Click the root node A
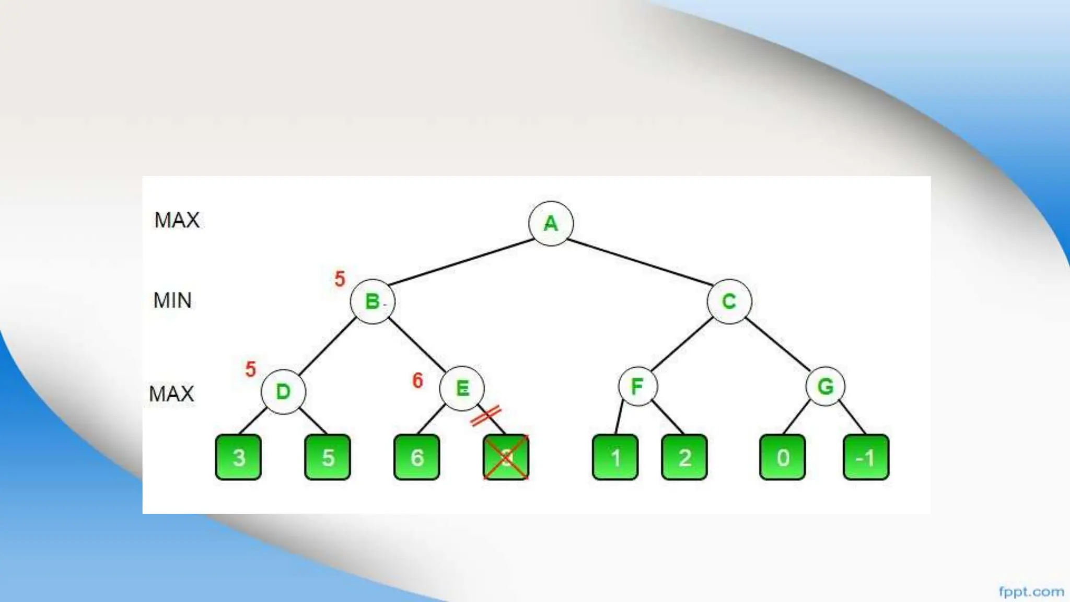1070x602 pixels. pos(551,223)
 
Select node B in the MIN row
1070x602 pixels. pos(373,302)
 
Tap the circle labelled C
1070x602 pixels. pos(729,302)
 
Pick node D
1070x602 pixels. pos(283,391)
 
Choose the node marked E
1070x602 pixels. pos(462,388)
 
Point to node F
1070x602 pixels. pos(637,387)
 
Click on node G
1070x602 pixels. pos(825,387)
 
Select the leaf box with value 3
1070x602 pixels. pos(238,457)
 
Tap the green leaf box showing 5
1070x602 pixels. pos(328,457)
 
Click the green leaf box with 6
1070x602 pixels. pos(416,457)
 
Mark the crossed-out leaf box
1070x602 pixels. pos(506,457)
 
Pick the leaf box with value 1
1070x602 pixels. pos(615,457)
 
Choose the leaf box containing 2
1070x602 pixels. pos(684,457)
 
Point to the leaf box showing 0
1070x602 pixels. pos(782,457)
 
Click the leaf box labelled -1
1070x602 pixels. pos(866,457)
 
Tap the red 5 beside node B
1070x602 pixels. pos(340,279)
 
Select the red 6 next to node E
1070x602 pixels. pos(417,380)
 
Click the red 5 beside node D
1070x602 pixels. pos(251,369)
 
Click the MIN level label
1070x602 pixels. pos(172,300)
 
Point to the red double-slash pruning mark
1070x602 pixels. pos(486,415)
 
